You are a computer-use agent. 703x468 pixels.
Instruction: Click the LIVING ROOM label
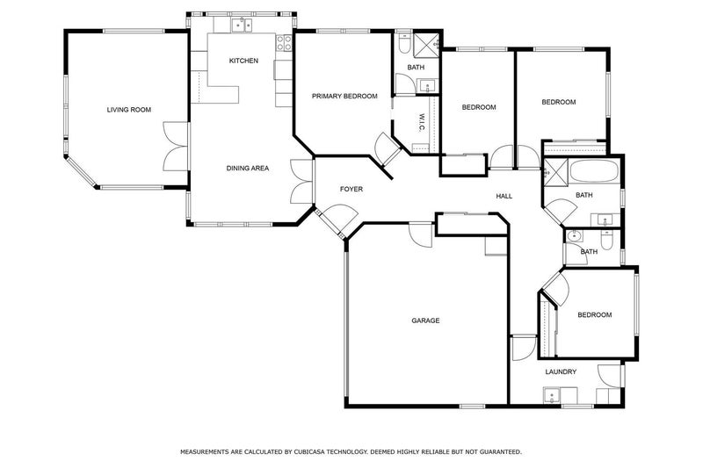pos(129,110)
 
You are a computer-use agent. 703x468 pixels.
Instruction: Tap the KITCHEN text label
pos(243,61)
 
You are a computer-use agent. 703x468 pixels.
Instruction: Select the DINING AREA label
pos(247,168)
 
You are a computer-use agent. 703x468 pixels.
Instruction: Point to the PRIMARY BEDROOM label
pos(344,96)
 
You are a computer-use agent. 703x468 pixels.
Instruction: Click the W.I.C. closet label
pos(422,123)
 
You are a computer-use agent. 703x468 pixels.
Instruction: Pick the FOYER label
pos(351,189)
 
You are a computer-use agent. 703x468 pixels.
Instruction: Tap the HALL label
pos(504,196)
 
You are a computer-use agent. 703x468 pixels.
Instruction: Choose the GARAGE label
pos(425,320)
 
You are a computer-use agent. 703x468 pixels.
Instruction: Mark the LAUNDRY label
pos(561,371)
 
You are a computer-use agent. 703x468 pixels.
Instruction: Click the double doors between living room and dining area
pos(177,146)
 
